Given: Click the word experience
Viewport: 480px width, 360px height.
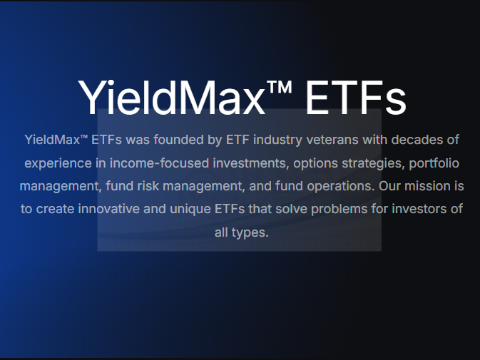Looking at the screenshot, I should (x=56, y=163).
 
